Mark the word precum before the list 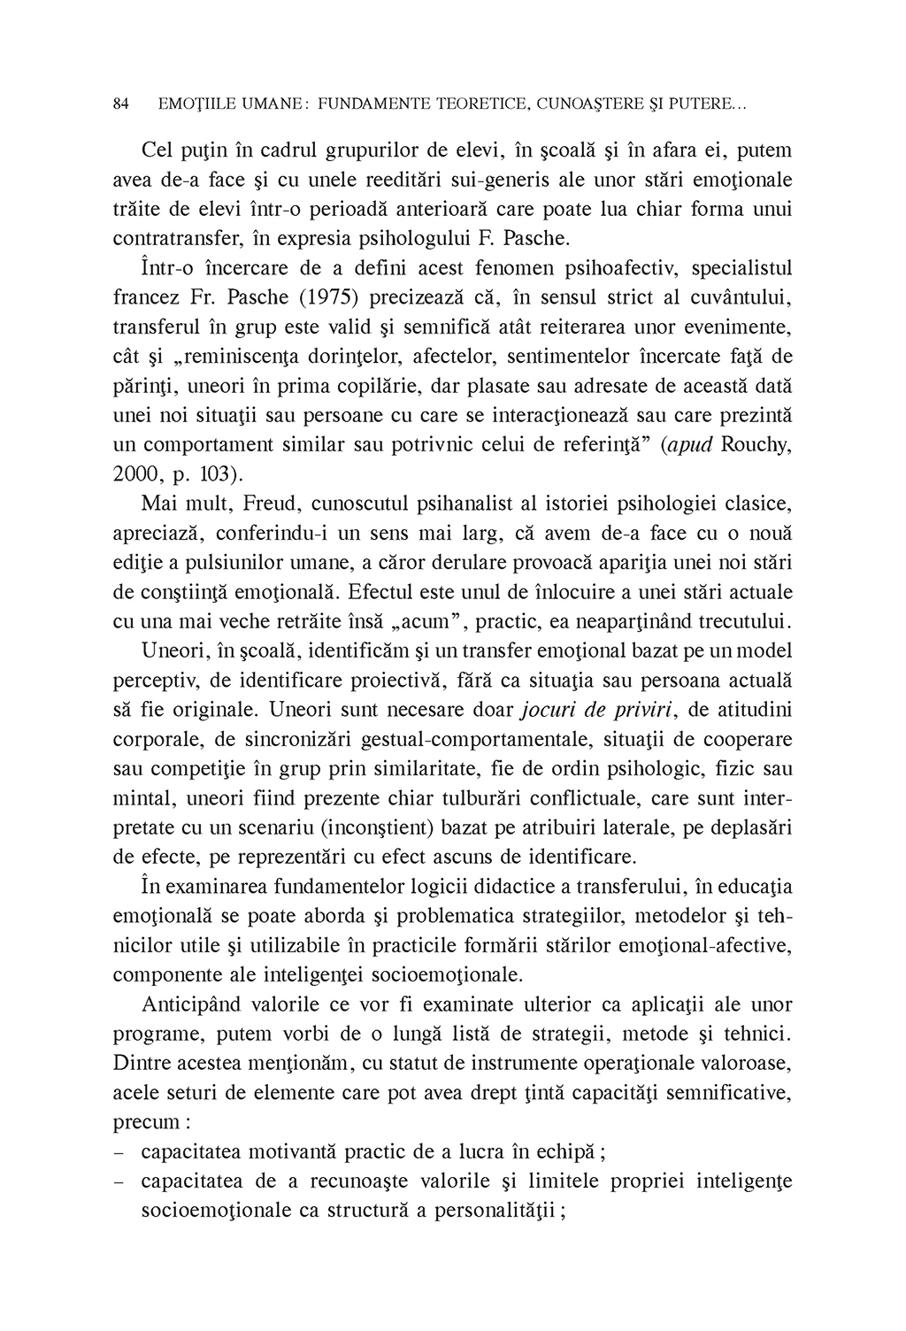(147, 1122)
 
